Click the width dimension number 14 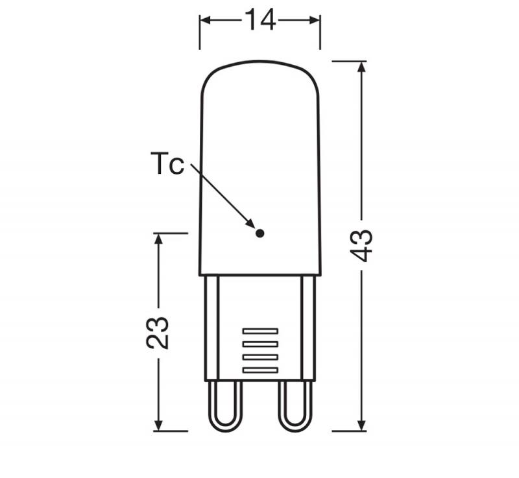point(259,21)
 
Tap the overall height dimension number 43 point(364,245)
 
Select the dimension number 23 point(158,332)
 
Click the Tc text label point(167,163)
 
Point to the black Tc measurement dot point(259,233)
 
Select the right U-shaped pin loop point(295,405)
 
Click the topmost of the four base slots point(259,331)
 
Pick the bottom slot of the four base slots point(259,370)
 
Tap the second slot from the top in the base point(259,344)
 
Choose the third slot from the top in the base point(259,357)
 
